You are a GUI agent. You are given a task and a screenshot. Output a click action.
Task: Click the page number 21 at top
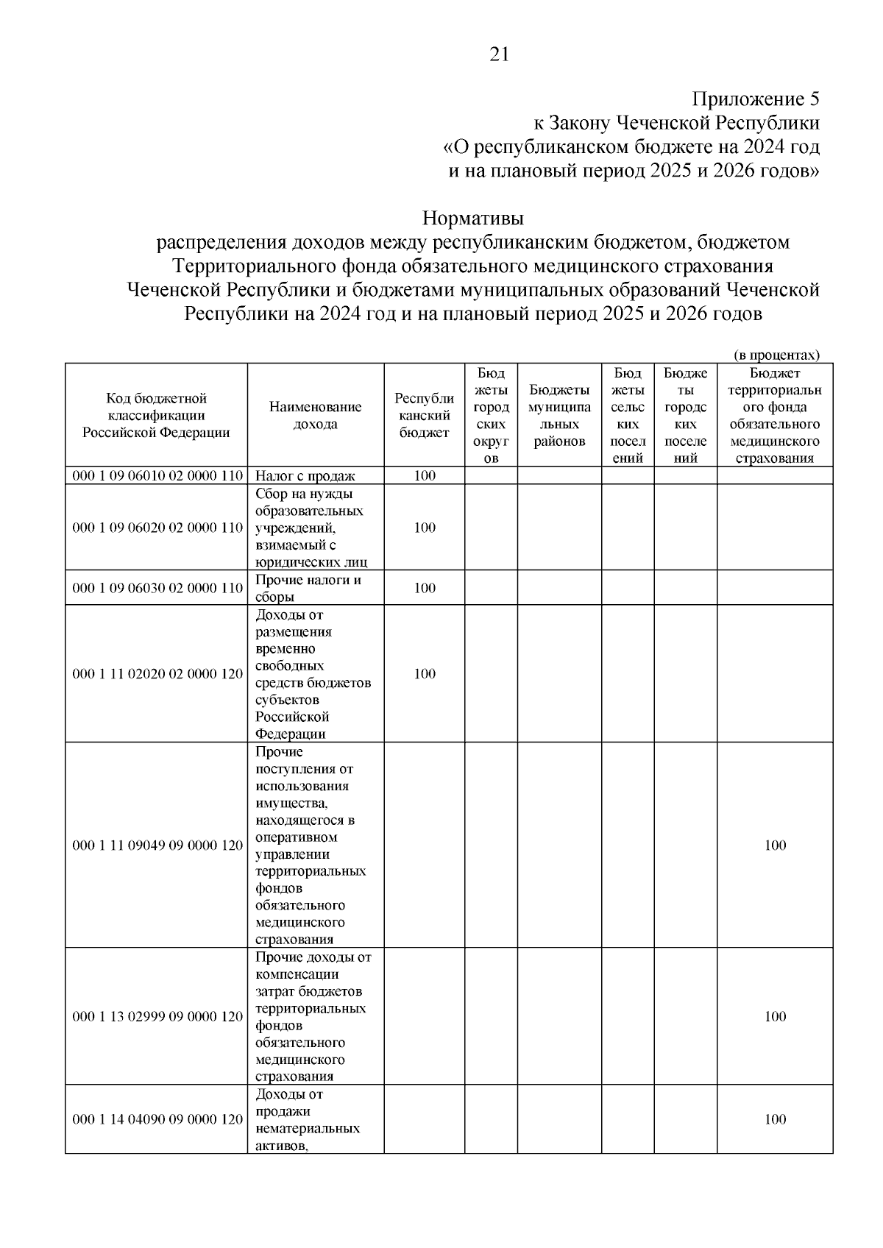(x=498, y=55)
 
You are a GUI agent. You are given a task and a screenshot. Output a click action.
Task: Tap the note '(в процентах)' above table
(x=776, y=355)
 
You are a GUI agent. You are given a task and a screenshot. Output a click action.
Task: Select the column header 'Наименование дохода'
(x=315, y=415)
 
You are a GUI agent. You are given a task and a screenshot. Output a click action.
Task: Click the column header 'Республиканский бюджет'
(x=424, y=415)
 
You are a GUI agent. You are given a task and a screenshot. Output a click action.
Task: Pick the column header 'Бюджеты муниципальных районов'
(x=559, y=415)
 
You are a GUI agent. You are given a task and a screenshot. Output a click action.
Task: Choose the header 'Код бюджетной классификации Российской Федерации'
(x=156, y=415)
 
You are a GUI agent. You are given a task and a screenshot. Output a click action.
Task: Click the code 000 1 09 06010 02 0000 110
(x=157, y=476)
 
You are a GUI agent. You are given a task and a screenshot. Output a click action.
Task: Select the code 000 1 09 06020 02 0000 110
(x=157, y=528)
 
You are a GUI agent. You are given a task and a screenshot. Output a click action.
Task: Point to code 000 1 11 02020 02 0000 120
(x=157, y=674)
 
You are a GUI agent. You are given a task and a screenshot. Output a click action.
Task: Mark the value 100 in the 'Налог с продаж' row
(x=425, y=476)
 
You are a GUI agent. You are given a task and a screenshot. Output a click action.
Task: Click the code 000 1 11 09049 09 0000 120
(x=157, y=845)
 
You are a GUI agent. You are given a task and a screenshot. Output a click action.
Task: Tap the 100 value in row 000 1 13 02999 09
(x=775, y=1017)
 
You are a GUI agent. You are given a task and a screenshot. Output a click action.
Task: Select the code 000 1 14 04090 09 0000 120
(x=157, y=1119)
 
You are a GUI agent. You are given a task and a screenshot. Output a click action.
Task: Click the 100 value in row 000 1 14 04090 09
(x=775, y=1119)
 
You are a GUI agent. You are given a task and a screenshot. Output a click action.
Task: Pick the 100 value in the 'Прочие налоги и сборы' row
(x=425, y=588)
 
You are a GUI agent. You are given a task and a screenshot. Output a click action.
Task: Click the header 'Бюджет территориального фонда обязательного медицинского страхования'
(x=775, y=415)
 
